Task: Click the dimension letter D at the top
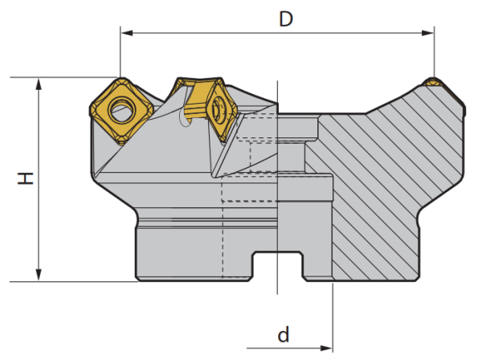click(285, 18)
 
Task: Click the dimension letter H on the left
click(27, 178)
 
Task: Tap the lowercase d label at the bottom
click(284, 333)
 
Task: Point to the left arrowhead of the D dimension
click(126, 33)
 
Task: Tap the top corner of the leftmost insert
click(120, 80)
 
